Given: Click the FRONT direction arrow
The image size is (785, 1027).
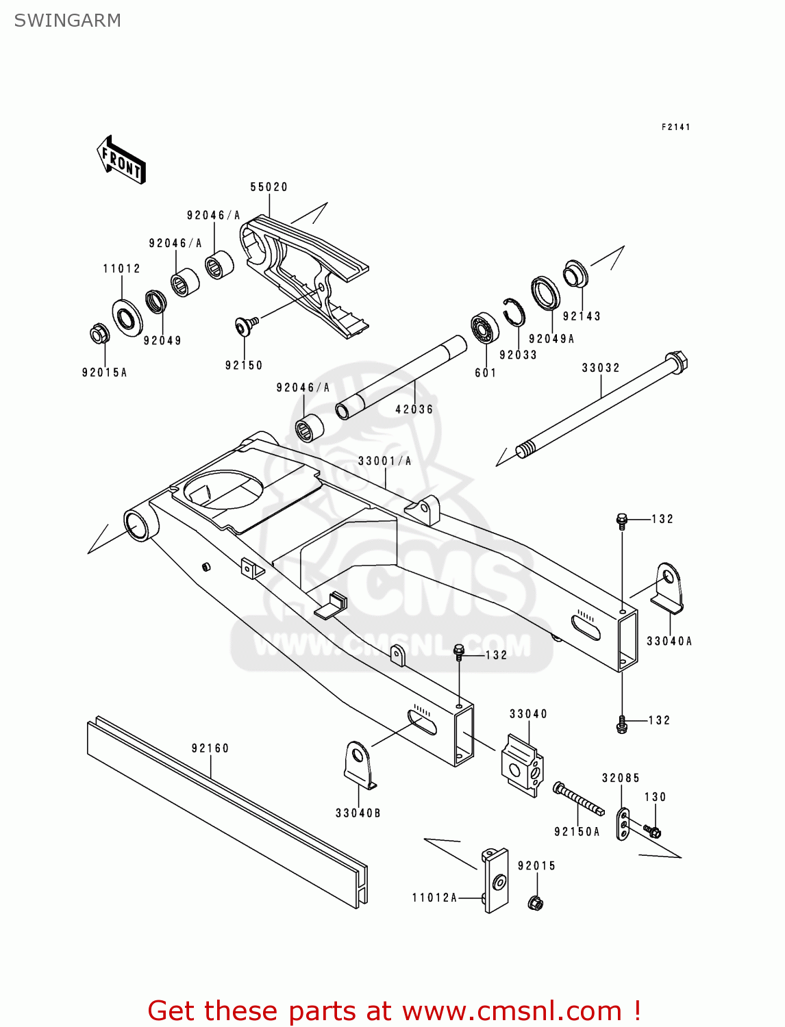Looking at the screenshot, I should point(122,160).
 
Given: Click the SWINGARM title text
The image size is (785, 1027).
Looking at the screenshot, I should point(67,21).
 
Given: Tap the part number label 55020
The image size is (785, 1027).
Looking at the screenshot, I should point(269,187).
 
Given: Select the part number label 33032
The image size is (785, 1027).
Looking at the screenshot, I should point(601,368).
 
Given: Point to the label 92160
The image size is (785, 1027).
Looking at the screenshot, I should point(210,748).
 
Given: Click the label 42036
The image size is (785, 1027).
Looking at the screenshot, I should point(414,409).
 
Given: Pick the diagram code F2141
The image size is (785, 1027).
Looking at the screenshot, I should point(675,127).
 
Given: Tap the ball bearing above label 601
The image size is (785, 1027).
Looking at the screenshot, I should point(485,329).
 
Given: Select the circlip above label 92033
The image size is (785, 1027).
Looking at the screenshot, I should point(514,313).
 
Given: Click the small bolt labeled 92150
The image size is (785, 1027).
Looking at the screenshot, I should point(245,326).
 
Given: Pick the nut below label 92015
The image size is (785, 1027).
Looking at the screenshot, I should point(536,903).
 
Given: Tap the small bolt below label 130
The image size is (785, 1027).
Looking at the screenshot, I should point(652,832).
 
